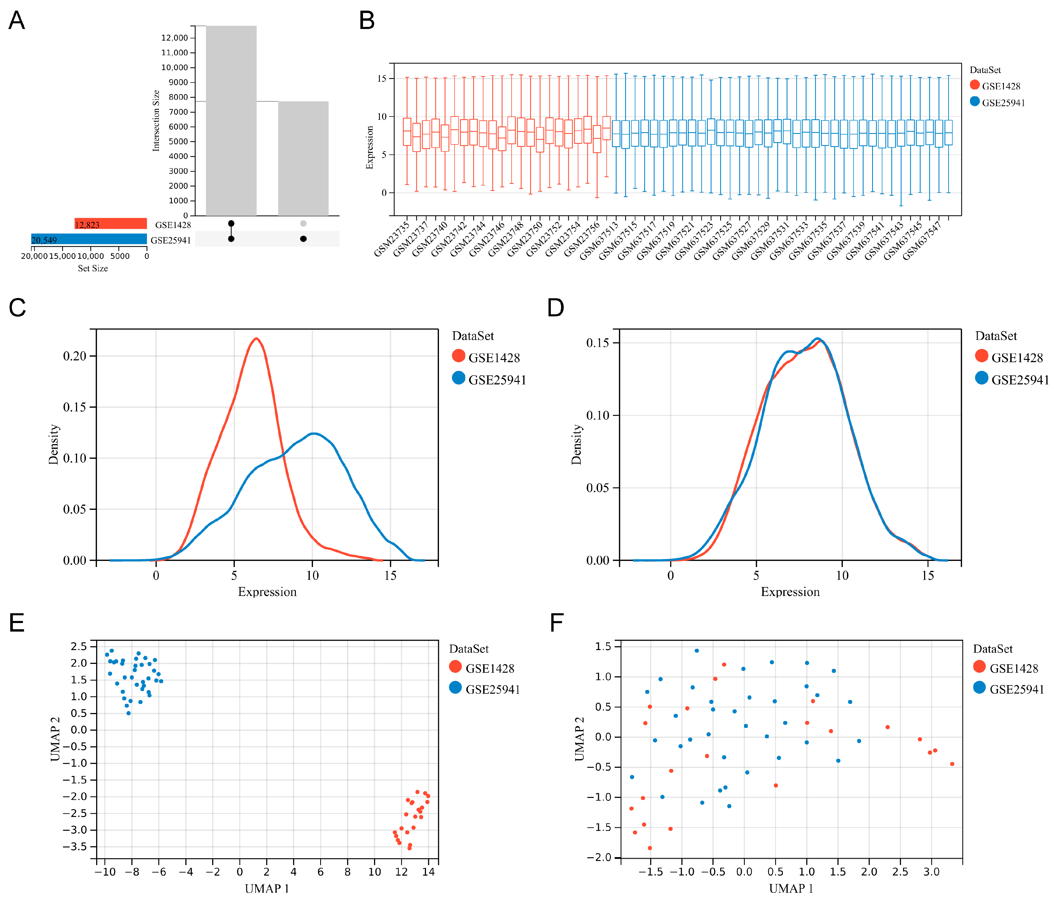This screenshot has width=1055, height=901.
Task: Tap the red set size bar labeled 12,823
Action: [111, 224]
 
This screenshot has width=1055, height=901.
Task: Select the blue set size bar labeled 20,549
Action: [89, 239]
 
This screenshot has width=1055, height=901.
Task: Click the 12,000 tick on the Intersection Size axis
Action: [175, 38]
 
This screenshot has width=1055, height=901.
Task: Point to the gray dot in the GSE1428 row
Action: [304, 223]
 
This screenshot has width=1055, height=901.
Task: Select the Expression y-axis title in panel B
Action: [370, 147]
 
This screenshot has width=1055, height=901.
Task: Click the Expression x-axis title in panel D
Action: [790, 592]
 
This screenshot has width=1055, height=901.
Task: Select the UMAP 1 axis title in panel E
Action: [267, 888]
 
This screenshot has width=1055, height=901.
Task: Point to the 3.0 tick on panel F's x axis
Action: [931, 871]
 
